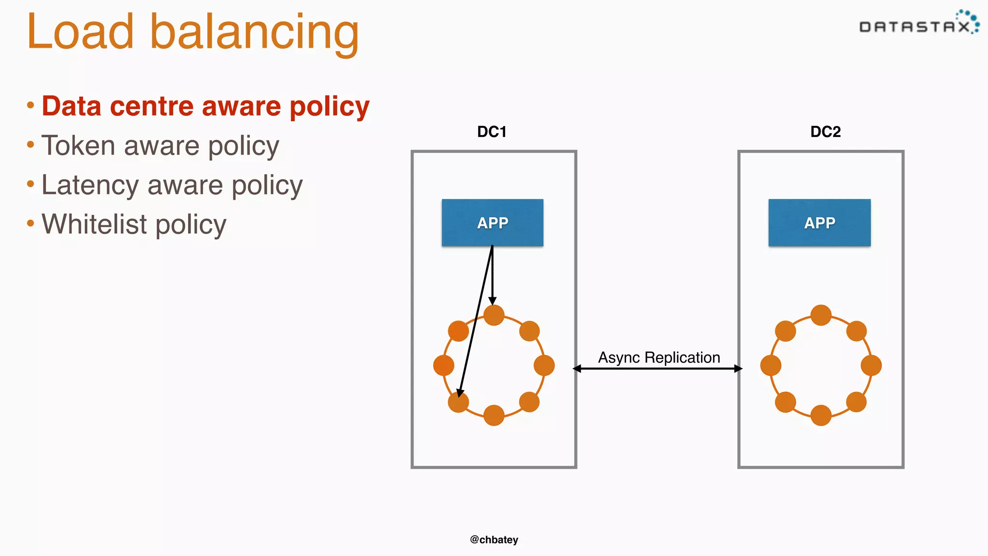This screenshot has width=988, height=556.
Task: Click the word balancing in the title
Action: point(255,33)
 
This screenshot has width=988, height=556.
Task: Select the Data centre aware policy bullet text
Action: point(206,106)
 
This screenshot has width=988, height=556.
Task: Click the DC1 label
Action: point(492,132)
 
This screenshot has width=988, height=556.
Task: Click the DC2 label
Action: point(825,132)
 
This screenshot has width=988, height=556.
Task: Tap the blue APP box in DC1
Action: point(493,222)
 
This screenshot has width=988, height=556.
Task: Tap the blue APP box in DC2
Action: point(819,222)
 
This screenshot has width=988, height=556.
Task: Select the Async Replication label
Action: point(659,358)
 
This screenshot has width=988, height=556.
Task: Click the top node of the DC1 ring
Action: point(494,316)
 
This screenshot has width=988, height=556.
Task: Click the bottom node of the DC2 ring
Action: point(821,415)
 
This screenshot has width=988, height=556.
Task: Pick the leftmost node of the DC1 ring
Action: point(444,365)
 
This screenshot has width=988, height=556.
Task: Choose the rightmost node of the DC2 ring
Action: point(871,365)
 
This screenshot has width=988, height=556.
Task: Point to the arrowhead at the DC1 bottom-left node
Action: point(460,393)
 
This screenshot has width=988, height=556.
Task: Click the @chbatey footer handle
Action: point(494,540)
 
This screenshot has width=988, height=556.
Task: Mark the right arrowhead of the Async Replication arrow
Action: point(738,369)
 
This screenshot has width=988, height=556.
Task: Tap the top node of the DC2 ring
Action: point(821,315)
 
